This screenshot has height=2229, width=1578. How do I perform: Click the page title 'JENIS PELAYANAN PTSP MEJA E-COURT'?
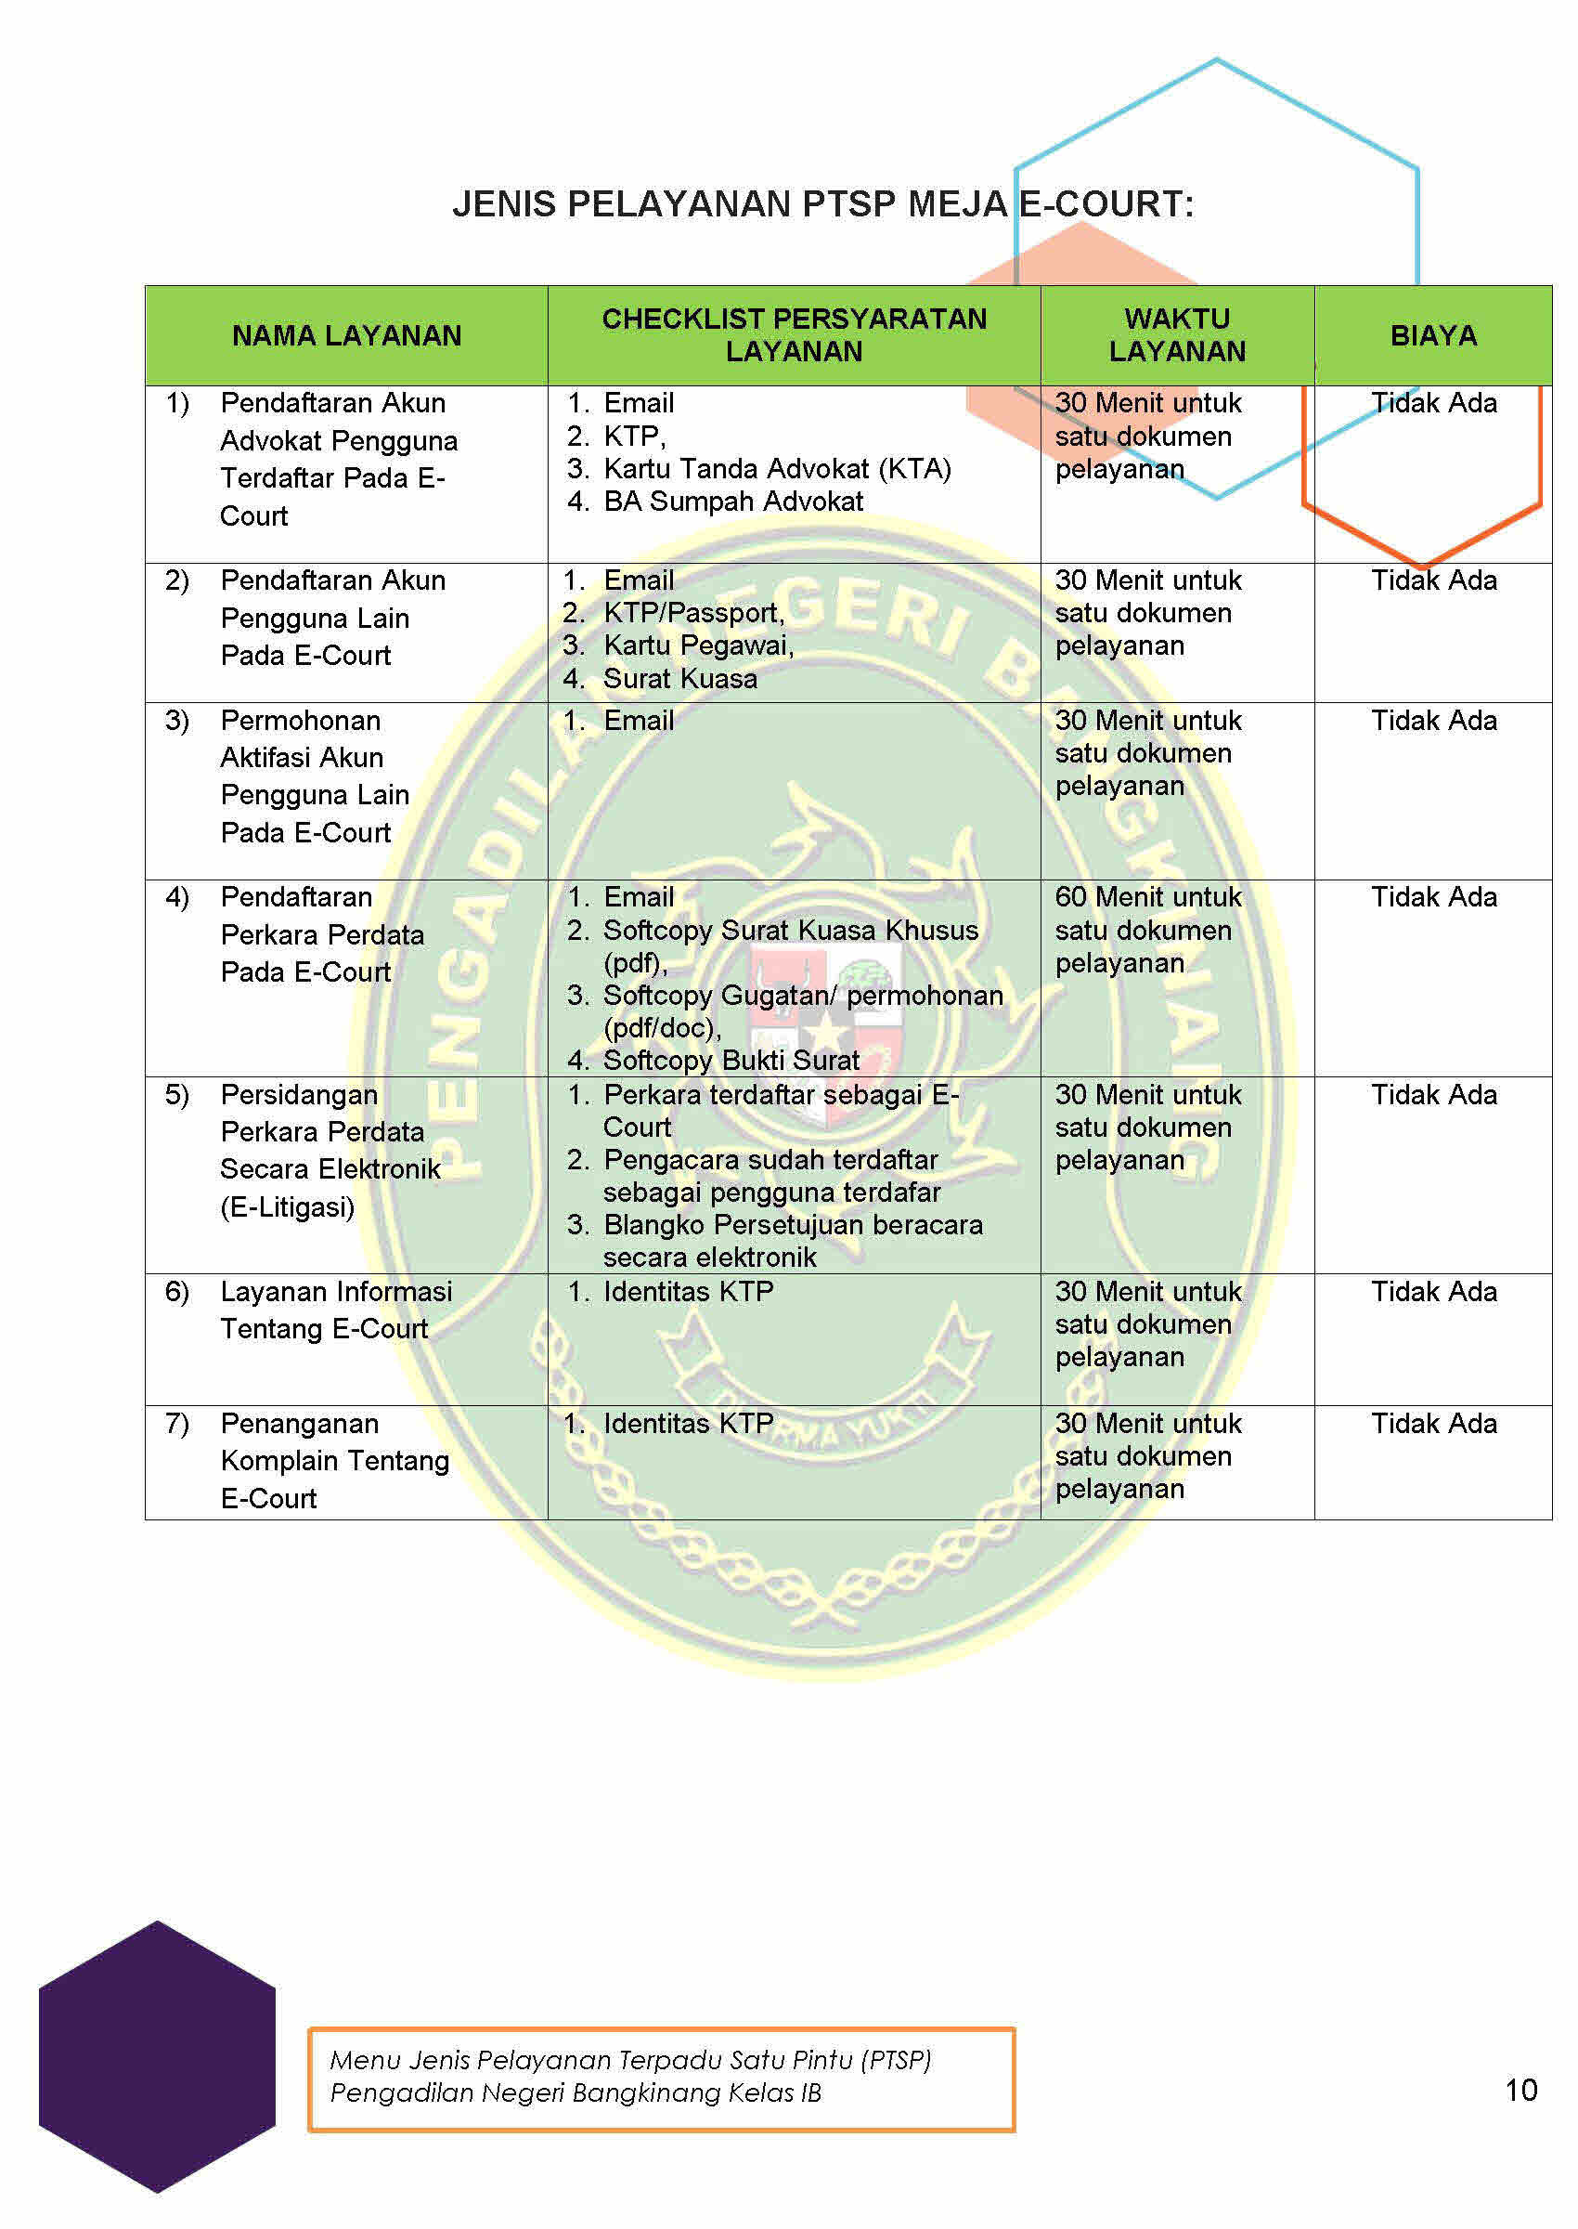coord(822,204)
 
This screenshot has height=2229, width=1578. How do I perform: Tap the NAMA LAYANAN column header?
coord(346,335)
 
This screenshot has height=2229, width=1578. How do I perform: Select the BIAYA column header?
coord(1432,335)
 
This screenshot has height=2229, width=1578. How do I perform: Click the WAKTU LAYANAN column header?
coord(1177,335)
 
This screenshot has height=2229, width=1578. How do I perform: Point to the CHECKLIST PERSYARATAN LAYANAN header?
coord(794,335)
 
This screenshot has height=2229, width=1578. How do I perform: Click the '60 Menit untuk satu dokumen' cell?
coord(1147,930)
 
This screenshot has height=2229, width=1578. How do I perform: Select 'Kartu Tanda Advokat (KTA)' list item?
coord(776,468)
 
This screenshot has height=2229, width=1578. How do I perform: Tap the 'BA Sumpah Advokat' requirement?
coord(732,502)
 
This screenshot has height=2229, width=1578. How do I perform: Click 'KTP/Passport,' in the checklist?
coord(692,612)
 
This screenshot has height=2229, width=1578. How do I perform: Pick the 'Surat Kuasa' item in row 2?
coord(679,679)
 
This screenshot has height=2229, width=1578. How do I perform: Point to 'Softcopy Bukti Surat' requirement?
coord(731,1060)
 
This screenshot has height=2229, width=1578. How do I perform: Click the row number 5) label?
coord(177,1095)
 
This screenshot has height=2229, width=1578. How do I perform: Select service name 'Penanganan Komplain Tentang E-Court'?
coord(334,1460)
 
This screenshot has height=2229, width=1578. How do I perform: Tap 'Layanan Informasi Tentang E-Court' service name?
coord(335,1310)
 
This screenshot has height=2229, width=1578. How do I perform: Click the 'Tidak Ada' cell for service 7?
coord(1433,1423)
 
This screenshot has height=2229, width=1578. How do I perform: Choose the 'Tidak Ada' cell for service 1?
coord(1433,402)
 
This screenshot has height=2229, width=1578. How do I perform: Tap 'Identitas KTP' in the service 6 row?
coord(688,1291)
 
